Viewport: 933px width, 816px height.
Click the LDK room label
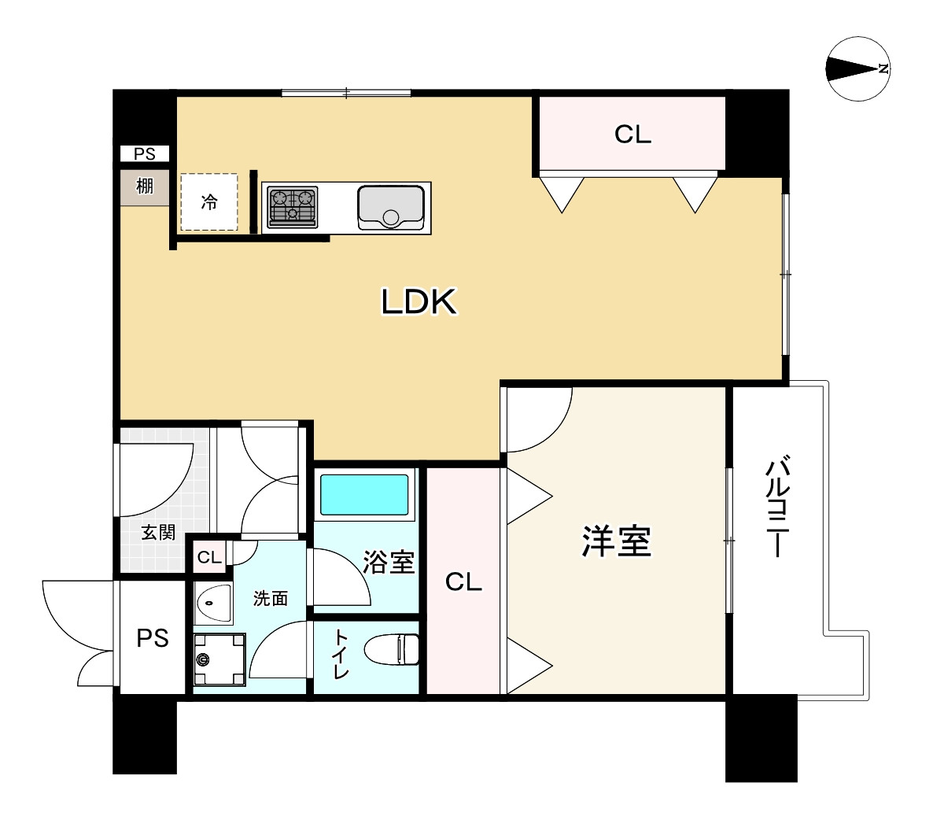coord(419,301)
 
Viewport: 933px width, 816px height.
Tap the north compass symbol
coord(857,70)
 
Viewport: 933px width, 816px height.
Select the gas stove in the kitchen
coord(292,206)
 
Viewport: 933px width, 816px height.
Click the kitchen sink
coord(391,207)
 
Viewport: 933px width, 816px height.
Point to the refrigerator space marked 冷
coord(209,202)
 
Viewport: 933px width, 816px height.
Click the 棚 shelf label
coord(144,187)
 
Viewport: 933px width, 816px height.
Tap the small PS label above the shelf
coord(145,154)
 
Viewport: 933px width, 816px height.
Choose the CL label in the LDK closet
coord(632,135)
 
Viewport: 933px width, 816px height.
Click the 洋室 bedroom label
coord(616,541)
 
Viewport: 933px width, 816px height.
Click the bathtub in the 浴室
coord(364,494)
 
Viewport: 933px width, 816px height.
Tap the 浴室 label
coord(389,562)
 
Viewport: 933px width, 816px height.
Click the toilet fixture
coord(393,650)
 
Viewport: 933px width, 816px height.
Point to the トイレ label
coord(340,653)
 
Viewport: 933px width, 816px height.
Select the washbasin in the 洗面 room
coord(212,604)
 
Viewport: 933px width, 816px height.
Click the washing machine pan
coord(218,660)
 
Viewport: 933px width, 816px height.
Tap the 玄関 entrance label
coord(158,533)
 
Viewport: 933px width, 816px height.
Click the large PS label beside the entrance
coord(153,637)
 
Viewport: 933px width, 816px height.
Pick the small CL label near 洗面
coord(209,558)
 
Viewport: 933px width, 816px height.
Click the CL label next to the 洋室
coord(463,582)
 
